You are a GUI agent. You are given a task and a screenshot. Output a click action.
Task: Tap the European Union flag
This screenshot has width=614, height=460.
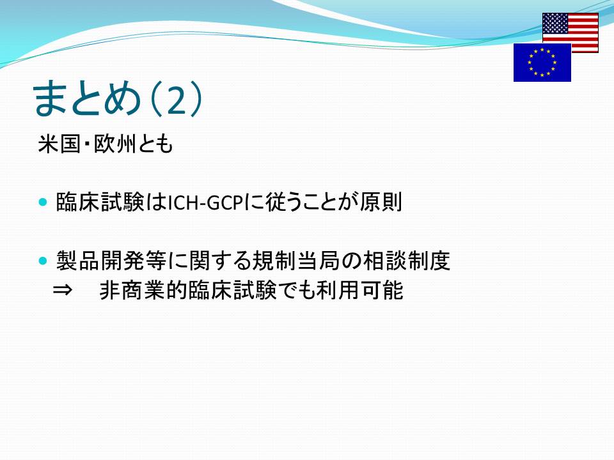tap(542, 62)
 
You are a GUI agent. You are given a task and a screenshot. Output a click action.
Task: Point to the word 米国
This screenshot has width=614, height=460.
tap(59, 144)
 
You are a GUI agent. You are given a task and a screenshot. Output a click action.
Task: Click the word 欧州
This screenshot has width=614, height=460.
tap(114, 144)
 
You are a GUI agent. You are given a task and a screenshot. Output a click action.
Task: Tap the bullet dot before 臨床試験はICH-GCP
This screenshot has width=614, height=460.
tap(43, 203)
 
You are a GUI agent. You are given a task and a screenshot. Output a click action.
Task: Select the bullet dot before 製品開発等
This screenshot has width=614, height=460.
tap(43, 261)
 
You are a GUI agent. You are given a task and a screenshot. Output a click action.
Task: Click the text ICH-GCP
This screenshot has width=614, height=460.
tap(206, 203)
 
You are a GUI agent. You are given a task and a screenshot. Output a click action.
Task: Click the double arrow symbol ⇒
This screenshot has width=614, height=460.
tap(62, 290)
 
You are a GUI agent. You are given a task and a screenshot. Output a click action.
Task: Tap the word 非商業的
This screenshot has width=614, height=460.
tap(144, 290)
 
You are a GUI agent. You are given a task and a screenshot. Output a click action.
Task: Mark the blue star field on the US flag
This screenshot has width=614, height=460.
tap(555, 23)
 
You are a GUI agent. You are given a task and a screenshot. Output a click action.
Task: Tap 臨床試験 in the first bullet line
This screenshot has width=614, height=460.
tap(100, 203)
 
